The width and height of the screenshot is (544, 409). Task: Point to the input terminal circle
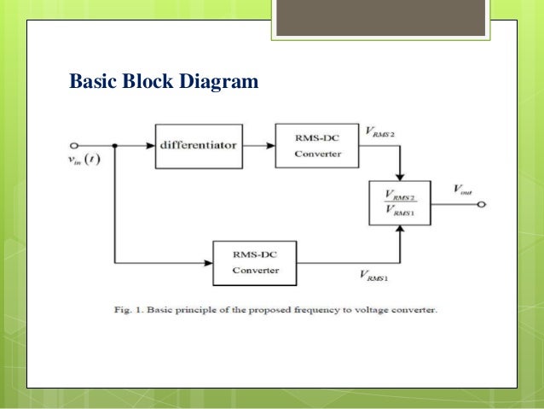tap(74, 144)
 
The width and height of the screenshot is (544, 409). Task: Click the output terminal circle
tap(481, 206)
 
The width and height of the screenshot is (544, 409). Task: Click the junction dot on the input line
tap(114, 144)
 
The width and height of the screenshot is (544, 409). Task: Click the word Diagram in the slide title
tap(216, 83)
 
